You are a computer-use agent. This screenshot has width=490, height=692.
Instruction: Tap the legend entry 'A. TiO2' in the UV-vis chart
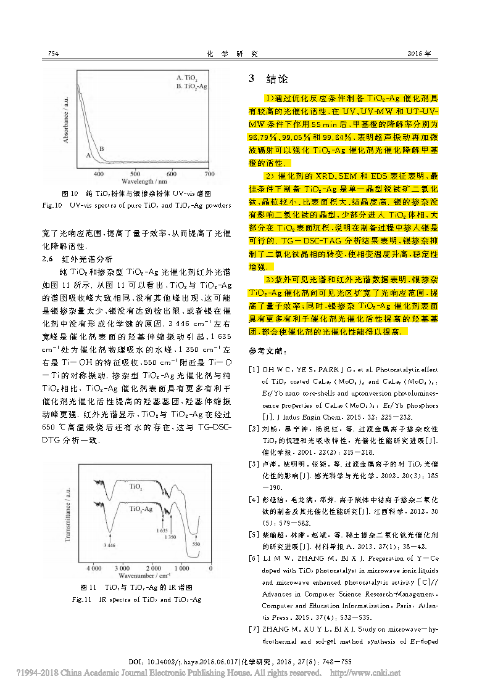[x=187, y=78]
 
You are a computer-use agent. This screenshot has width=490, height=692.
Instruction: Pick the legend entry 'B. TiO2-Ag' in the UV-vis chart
[x=191, y=86]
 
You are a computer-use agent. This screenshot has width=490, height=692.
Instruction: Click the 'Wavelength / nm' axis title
[x=145, y=182]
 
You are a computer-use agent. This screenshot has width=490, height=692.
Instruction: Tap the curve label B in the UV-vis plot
[x=101, y=149]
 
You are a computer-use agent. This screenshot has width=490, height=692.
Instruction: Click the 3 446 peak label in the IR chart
[x=110, y=545]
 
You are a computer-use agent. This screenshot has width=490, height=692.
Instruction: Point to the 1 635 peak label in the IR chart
[x=162, y=530]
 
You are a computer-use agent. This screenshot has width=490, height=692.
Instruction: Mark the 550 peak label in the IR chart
[x=196, y=544]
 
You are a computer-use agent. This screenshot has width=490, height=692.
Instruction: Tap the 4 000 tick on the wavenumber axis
[x=94, y=568]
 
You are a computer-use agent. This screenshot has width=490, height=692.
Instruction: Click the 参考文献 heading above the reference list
[x=267, y=351]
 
